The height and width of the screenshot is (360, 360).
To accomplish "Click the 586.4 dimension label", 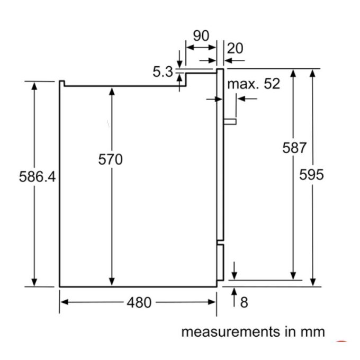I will tap(37, 177).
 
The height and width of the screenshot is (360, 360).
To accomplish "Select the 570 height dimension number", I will tap(110, 159).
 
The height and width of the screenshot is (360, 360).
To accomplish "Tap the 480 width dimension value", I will tap(139, 302).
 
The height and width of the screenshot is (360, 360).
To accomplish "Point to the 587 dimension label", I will tap(294, 148).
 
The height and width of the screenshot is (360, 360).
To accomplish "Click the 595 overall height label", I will tap(311, 175).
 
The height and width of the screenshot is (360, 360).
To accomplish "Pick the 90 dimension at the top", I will tap(201, 36).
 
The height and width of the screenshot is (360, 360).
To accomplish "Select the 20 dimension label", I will tap(235, 49).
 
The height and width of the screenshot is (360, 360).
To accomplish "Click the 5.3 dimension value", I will tap(163, 71).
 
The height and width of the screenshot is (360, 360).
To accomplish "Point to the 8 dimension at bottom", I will tap(244, 302).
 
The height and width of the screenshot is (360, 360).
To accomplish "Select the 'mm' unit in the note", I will tap(312, 332).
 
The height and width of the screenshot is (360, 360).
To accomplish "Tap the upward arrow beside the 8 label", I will tap(235, 295).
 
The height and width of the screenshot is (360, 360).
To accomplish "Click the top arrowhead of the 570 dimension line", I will tap(112, 91).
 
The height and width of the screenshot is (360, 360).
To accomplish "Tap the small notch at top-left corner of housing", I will tap(61, 83).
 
